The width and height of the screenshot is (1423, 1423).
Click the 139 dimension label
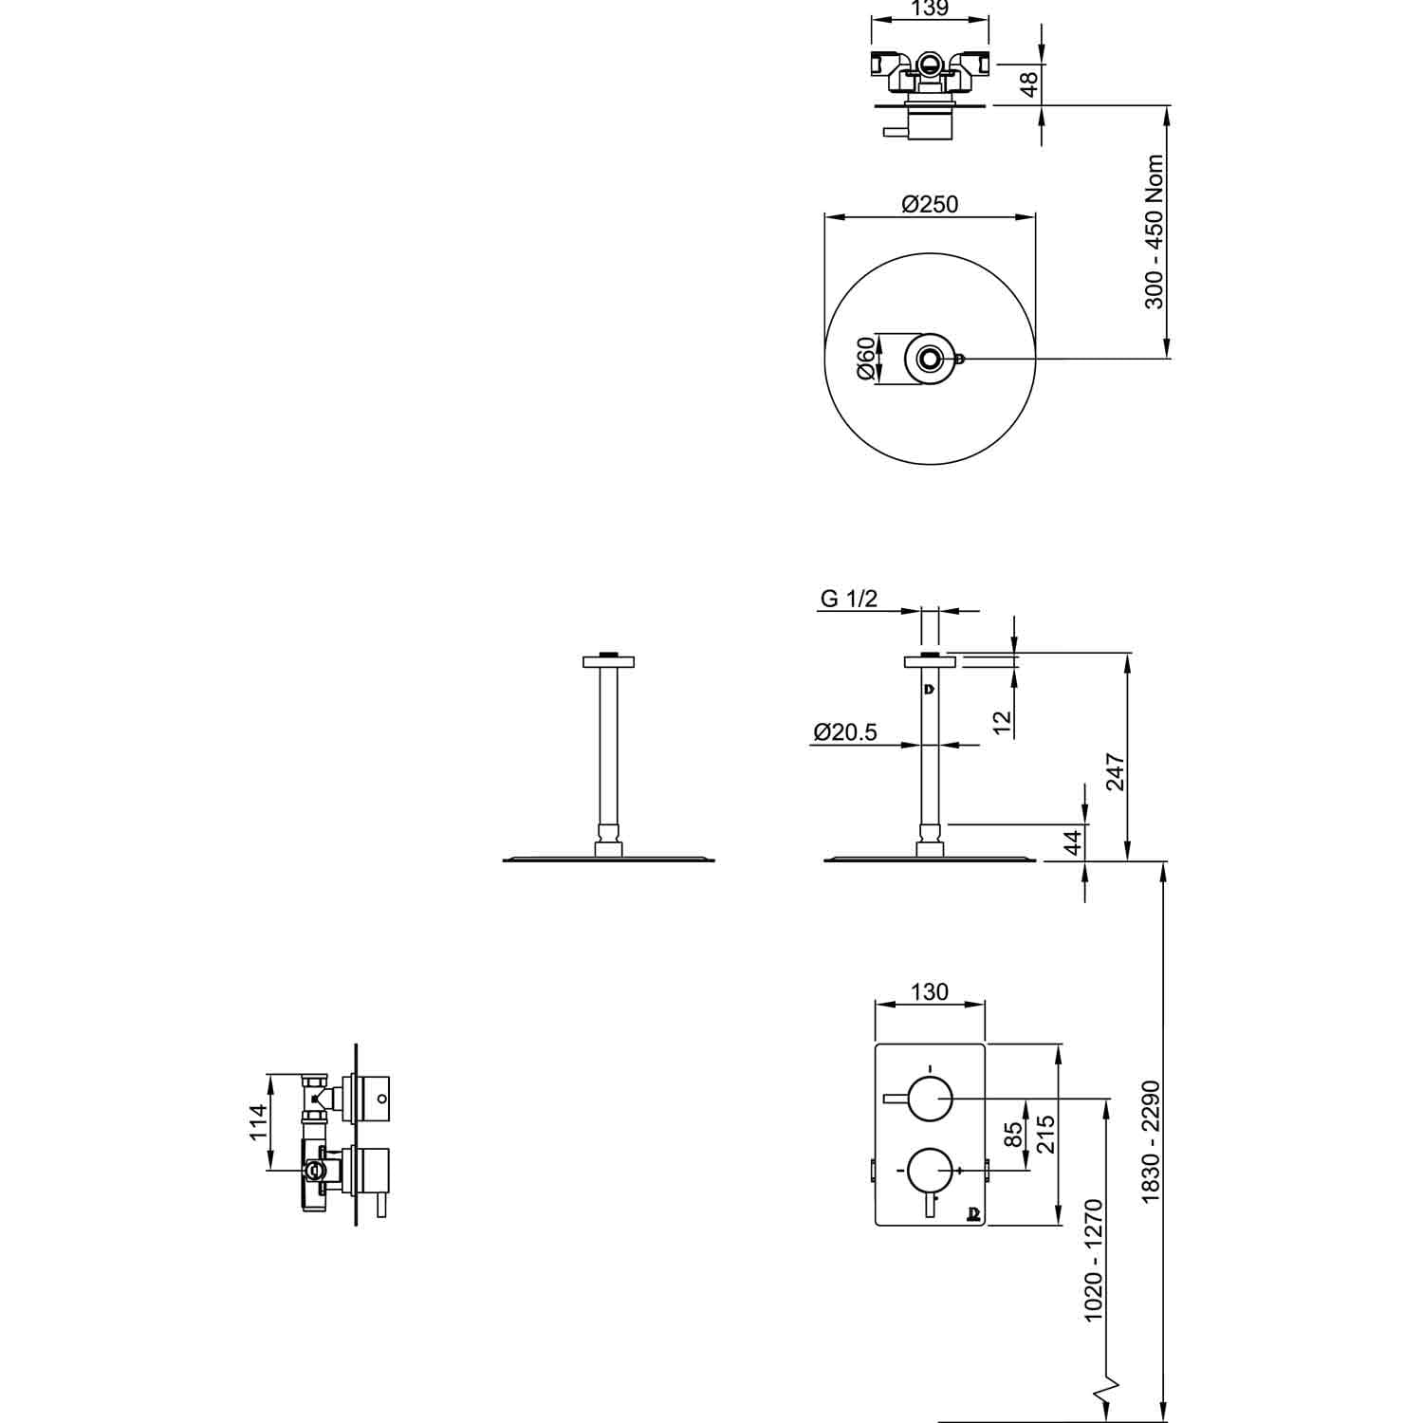point(929,9)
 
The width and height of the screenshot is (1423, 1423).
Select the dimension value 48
point(1028,84)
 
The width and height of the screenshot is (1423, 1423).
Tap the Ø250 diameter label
point(930,204)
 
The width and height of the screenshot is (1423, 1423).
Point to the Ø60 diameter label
point(865,359)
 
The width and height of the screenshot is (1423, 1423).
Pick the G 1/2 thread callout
point(849,599)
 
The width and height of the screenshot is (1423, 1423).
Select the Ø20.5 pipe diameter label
point(845,731)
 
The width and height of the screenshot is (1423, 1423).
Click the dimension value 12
point(1003,724)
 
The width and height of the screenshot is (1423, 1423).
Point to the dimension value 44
point(1073,842)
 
